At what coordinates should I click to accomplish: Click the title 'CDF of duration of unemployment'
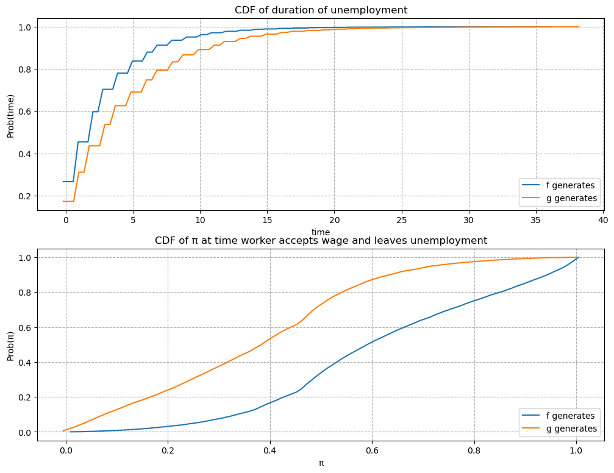(x=321, y=10)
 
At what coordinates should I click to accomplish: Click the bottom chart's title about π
(x=321, y=240)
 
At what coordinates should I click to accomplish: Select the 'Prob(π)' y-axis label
(x=10, y=344)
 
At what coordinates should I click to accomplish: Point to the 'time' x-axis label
(x=321, y=232)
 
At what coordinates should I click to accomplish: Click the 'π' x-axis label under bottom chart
(x=321, y=463)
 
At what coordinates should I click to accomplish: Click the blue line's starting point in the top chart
(x=63, y=182)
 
